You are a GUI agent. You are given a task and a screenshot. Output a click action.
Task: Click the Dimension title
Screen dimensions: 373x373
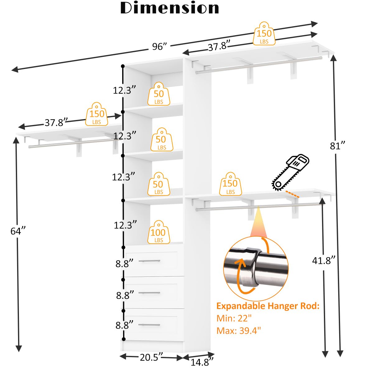170,8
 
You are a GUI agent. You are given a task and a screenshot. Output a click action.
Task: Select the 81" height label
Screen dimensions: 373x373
337,145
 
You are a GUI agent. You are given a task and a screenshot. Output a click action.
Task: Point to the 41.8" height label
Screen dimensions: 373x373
324,260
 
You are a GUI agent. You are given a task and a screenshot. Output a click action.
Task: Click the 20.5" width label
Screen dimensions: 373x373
151,357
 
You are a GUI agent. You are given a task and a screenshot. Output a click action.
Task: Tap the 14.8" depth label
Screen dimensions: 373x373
202,362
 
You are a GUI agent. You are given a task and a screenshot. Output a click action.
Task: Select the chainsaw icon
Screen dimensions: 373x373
290,172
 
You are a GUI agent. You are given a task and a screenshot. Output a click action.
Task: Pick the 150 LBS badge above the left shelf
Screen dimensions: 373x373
97,114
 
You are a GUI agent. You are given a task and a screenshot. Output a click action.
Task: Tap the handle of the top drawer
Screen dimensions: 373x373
151,261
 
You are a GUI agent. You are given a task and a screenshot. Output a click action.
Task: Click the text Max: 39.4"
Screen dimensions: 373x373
239,330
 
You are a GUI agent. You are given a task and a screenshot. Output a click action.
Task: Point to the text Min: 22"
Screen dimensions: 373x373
234,318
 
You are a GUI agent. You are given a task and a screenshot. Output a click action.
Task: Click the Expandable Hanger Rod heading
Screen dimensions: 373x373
268,306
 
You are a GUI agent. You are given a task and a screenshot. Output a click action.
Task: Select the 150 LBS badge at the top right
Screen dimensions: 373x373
264,34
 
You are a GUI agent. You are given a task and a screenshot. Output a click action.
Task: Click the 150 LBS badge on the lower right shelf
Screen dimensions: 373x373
230,184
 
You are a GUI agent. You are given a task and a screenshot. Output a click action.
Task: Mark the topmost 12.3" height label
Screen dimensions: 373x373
124,90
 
